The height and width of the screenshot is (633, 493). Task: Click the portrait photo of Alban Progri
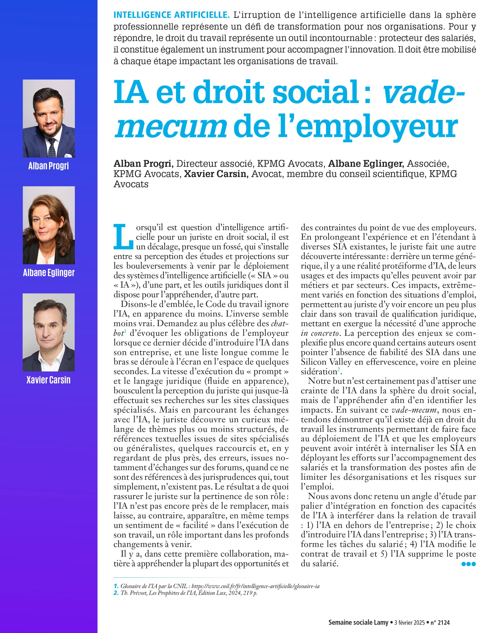[49, 119]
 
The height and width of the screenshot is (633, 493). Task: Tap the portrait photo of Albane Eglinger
[49, 225]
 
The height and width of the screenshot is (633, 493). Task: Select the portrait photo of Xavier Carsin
[49, 332]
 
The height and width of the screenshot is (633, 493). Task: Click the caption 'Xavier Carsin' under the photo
[48, 380]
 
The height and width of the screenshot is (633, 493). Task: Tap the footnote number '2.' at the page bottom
[116, 593]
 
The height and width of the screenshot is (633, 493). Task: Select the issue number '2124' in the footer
[443, 622]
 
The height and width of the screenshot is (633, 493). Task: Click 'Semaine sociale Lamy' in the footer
[358, 622]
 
